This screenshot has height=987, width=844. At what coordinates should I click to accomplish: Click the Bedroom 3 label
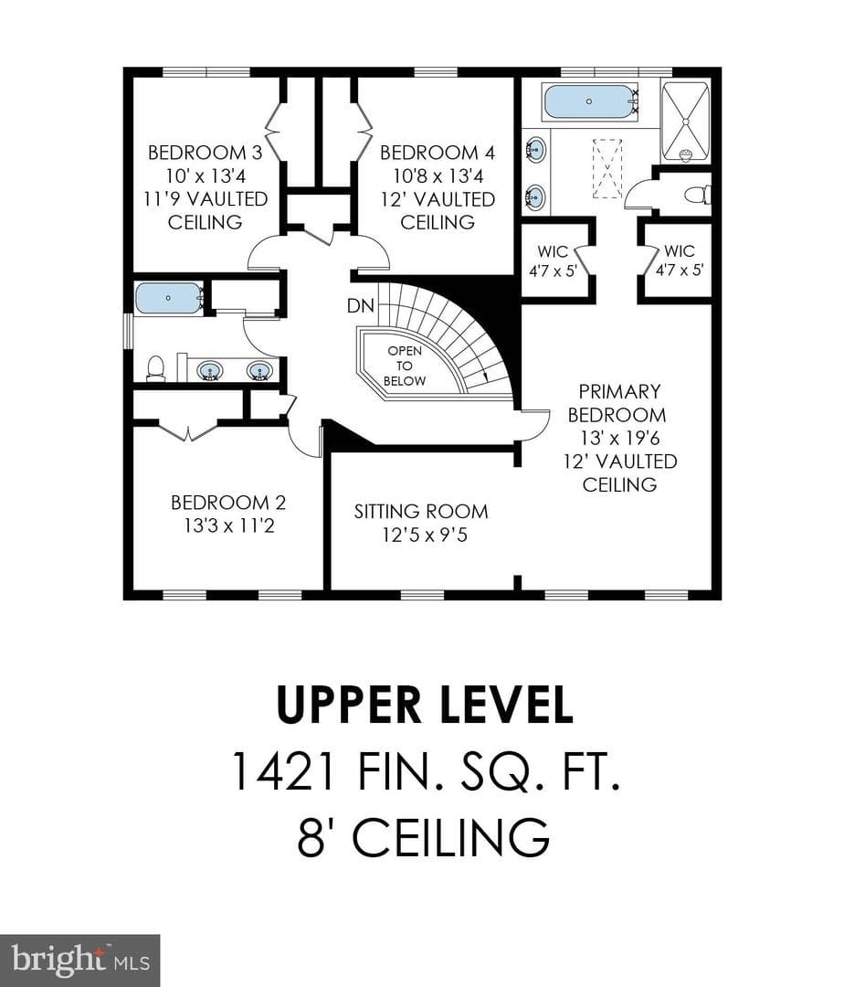(x=205, y=153)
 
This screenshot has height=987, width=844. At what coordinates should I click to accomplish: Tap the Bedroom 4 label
(x=438, y=153)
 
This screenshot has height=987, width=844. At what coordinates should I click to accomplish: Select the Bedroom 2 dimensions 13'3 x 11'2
(x=229, y=525)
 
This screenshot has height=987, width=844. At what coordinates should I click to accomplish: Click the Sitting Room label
(x=421, y=511)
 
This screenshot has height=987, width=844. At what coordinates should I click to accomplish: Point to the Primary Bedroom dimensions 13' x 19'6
(x=619, y=438)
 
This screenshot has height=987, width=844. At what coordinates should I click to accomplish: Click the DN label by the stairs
(x=361, y=306)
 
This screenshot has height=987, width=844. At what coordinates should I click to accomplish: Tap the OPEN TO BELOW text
(x=405, y=366)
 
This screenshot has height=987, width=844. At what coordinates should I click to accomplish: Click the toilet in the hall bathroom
(x=154, y=368)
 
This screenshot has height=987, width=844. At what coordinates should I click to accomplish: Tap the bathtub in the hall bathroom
(x=169, y=298)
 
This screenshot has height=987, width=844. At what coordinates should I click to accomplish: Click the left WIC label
(x=553, y=252)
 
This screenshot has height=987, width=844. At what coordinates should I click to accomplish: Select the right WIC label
(x=680, y=251)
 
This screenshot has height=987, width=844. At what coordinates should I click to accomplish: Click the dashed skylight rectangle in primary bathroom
(x=607, y=168)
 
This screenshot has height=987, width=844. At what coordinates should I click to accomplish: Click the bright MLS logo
(x=79, y=960)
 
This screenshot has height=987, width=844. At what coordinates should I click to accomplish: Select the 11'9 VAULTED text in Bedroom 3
(x=205, y=199)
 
